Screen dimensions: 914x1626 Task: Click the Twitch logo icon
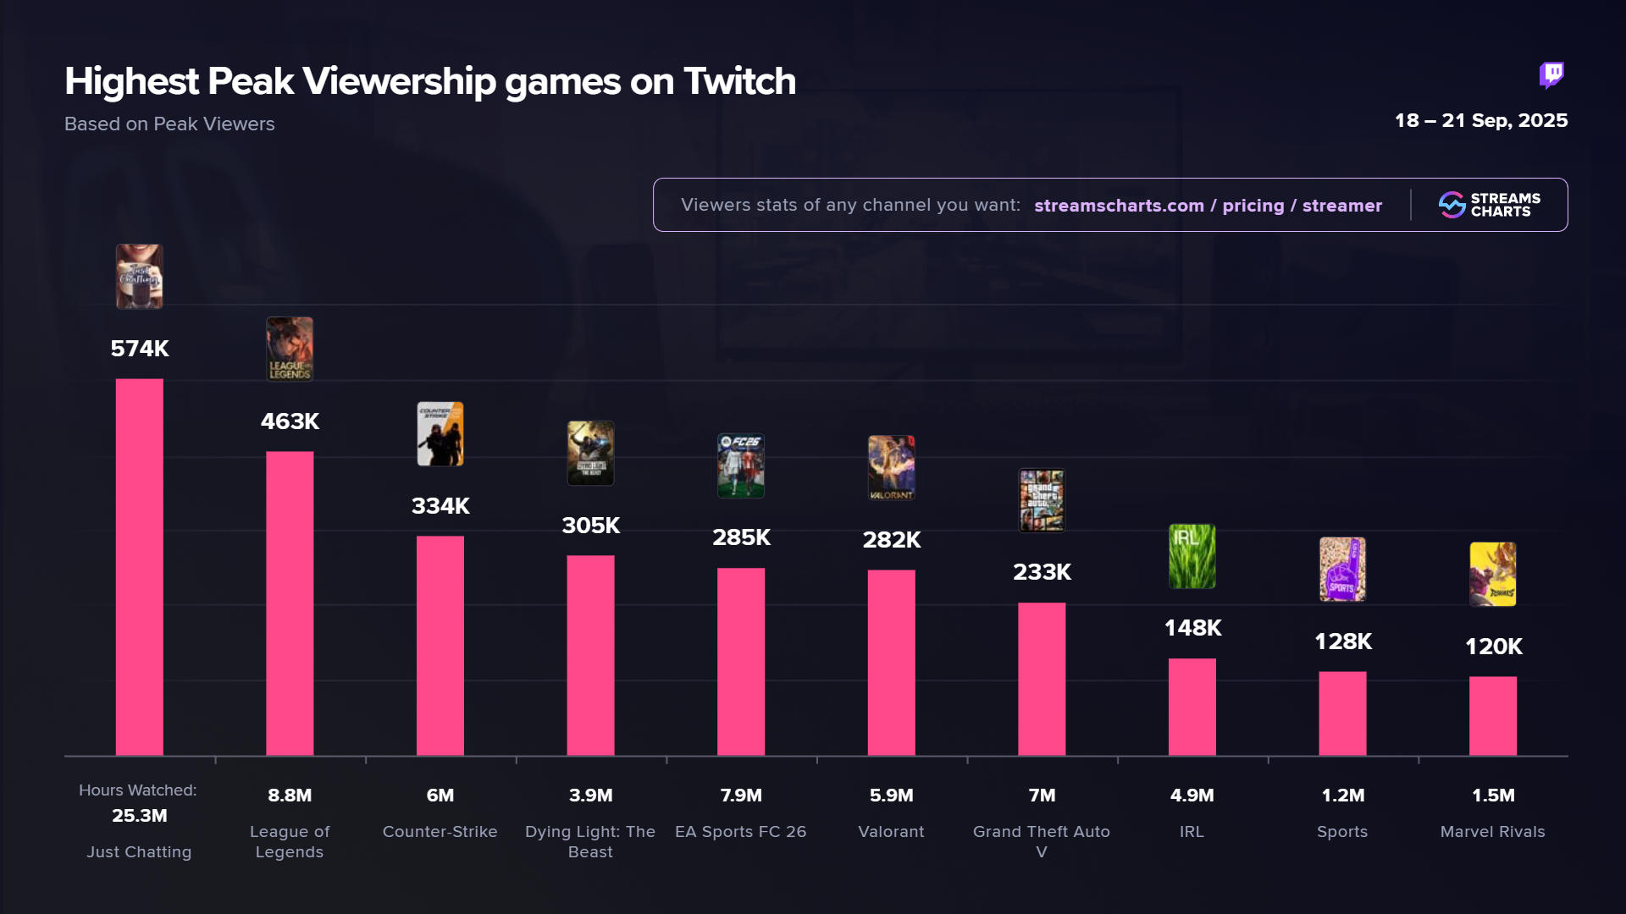(x=1551, y=75)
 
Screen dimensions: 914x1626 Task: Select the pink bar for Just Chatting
(x=140, y=566)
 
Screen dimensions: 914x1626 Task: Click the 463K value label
(x=290, y=421)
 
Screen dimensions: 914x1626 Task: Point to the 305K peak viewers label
(x=591, y=526)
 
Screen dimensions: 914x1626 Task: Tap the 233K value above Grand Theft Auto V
(x=1042, y=572)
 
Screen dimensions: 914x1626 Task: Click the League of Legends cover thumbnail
(x=290, y=349)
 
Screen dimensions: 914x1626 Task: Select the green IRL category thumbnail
(x=1192, y=556)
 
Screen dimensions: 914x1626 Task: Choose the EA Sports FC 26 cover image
(x=741, y=465)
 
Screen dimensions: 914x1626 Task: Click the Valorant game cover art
(x=891, y=467)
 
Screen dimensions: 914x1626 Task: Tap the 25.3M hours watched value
(x=140, y=816)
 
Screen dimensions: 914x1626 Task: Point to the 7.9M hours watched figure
(x=741, y=796)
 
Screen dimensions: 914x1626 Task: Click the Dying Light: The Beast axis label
(x=590, y=841)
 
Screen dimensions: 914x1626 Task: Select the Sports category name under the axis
(x=1342, y=832)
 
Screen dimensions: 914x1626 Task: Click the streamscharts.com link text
(x=1119, y=206)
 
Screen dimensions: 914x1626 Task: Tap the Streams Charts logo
(x=1490, y=205)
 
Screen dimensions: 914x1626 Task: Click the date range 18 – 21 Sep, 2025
(x=1481, y=120)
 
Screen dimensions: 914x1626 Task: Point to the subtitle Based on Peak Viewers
(x=169, y=124)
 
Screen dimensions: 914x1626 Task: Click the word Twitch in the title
(x=739, y=81)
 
